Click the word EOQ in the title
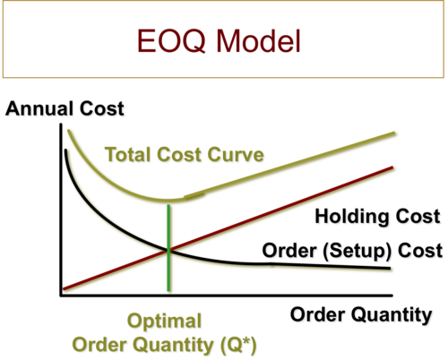click(171, 41)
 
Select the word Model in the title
click(259, 40)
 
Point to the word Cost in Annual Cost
click(102, 108)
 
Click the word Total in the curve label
click(128, 154)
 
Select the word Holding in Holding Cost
click(352, 217)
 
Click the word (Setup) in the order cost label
click(357, 251)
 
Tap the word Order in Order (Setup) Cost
click(289, 250)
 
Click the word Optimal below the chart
click(164, 321)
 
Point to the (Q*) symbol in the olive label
click(238, 345)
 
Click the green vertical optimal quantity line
click(168, 247)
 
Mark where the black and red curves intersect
click(168, 250)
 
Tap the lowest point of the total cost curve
click(168, 201)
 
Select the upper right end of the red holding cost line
click(392, 167)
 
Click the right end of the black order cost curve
click(390, 269)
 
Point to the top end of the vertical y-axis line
click(61, 124)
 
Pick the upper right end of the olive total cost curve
click(395, 133)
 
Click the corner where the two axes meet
click(61, 296)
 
